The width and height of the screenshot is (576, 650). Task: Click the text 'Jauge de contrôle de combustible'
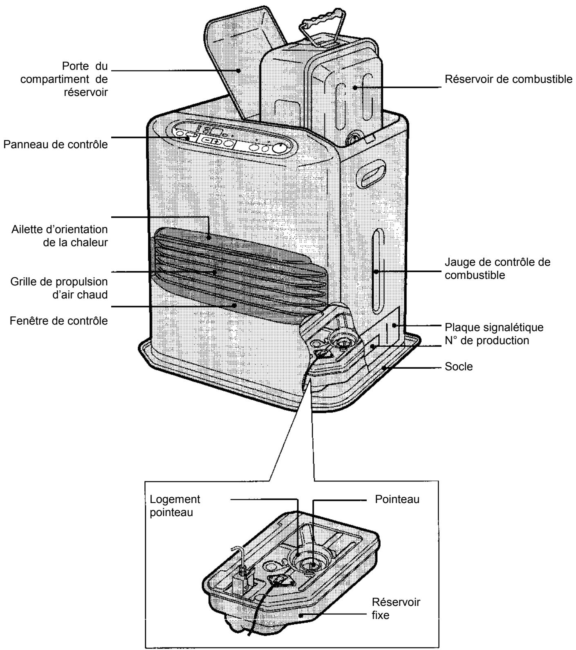497,269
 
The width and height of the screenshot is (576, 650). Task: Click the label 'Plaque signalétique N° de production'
493,334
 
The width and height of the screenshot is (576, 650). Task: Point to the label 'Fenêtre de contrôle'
58,321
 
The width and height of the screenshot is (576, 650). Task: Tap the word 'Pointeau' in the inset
397,499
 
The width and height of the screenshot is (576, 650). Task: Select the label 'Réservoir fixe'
396,608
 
